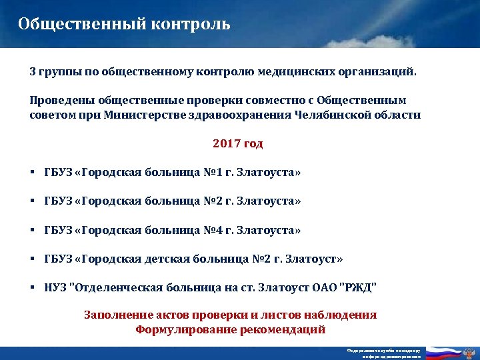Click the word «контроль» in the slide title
(194, 25)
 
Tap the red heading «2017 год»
(238, 143)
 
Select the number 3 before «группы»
(33, 71)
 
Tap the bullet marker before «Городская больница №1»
(33, 173)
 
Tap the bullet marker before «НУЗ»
(33, 288)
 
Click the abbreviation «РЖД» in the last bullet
(359, 288)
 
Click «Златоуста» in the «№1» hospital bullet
(268, 173)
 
